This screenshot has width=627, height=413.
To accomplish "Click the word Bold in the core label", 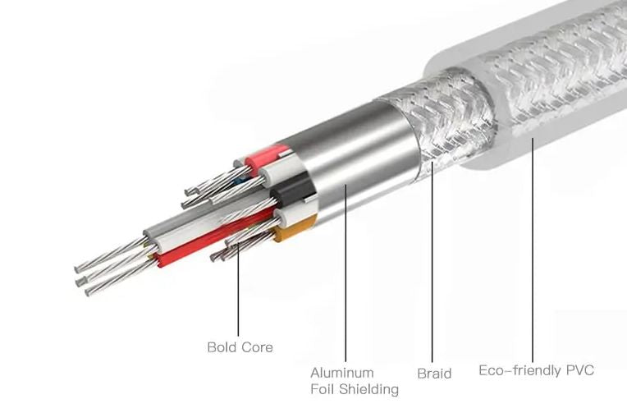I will [222, 347].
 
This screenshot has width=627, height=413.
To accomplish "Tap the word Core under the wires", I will [257, 347].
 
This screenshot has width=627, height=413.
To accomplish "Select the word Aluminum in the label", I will [341, 373].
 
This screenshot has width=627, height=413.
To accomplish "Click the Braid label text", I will [434, 374].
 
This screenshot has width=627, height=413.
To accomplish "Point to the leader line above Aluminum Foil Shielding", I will [345, 271].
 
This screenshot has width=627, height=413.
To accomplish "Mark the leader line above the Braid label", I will [432, 263].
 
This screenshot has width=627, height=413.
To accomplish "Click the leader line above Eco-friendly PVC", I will [533, 246].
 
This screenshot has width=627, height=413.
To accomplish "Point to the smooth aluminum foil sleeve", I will [361, 172].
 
